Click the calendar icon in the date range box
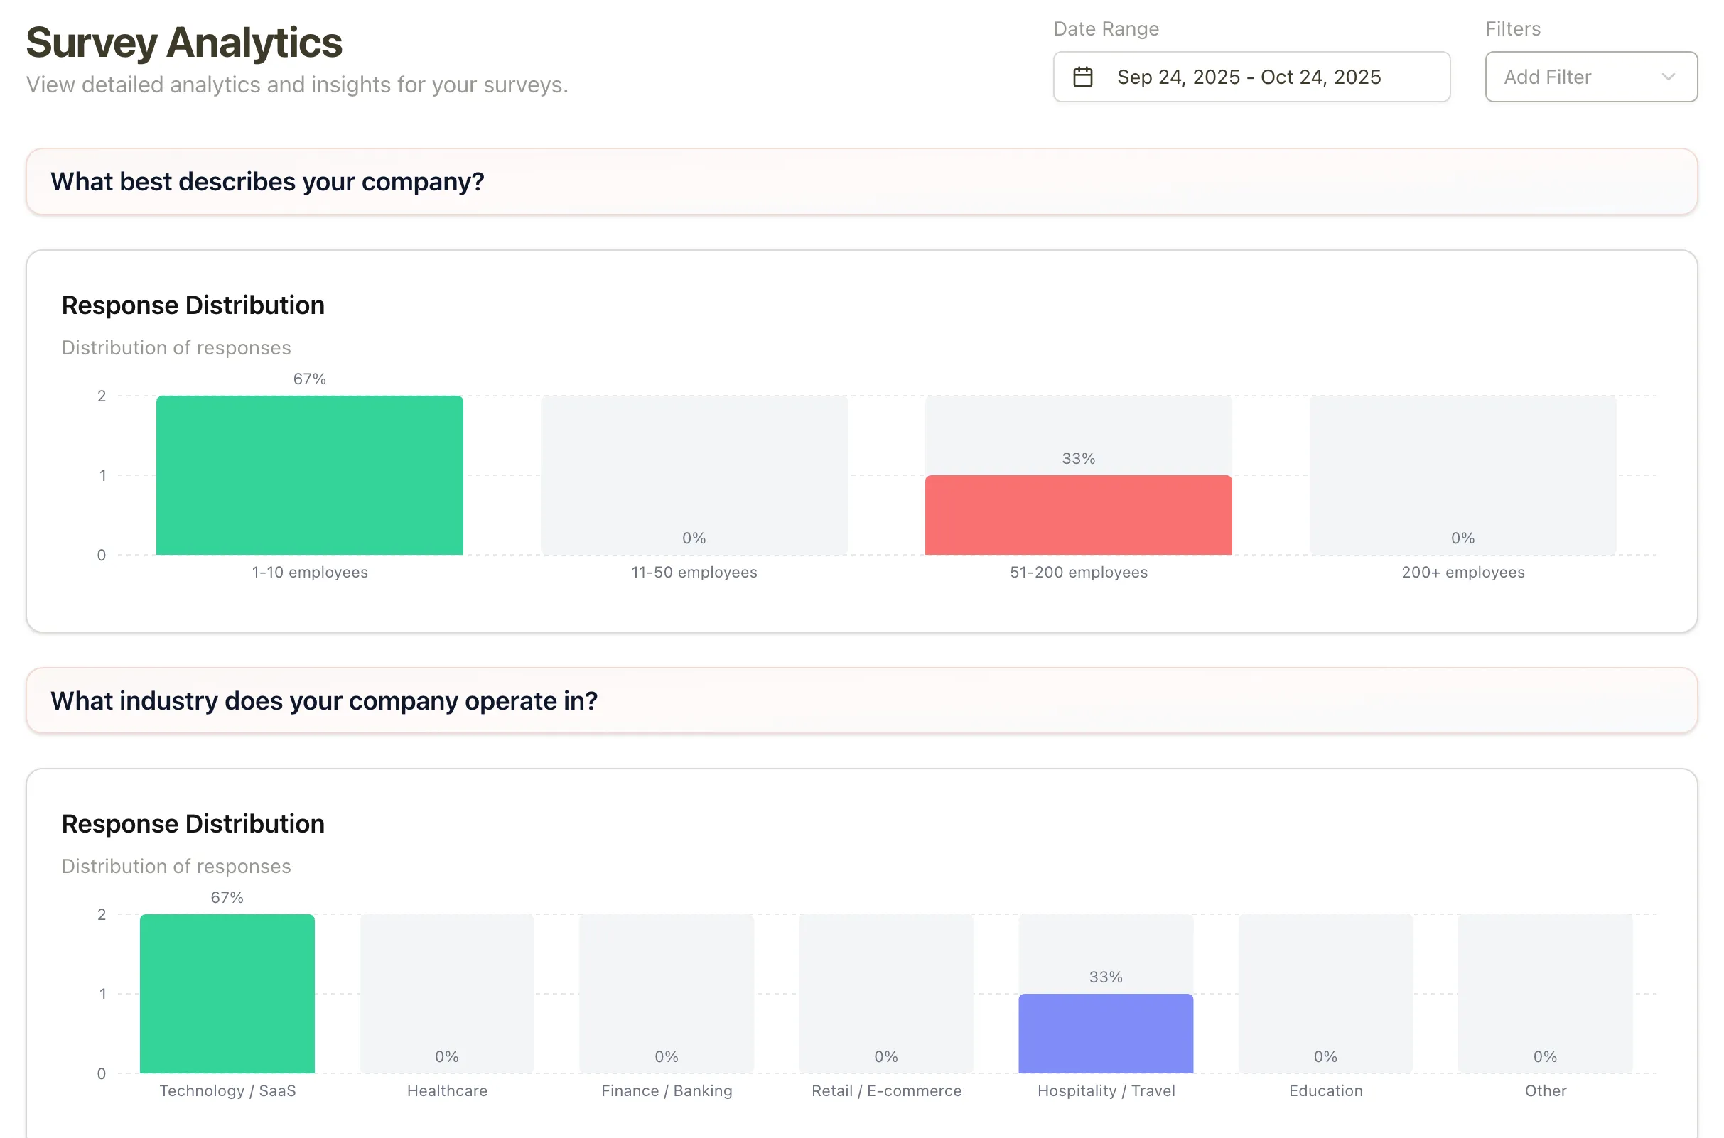pos(1082,77)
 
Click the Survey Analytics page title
pos(183,43)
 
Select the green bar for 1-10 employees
pos(309,475)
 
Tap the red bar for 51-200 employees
pos(1078,515)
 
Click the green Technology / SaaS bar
pos(227,994)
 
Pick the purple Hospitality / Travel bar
pos(1105,1034)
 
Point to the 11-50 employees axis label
pos(694,573)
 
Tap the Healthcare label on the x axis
pos(447,1091)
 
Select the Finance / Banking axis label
pos(667,1091)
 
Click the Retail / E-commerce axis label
pos(885,1091)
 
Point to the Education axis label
pos(1325,1091)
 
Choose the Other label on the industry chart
pos(1545,1091)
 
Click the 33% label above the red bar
pos(1078,459)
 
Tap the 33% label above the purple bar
pos(1105,977)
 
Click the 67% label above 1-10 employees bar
pos(309,379)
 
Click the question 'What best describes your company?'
pos(267,181)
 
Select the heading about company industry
pos(324,700)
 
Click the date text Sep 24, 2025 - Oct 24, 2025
pos(1249,77)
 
